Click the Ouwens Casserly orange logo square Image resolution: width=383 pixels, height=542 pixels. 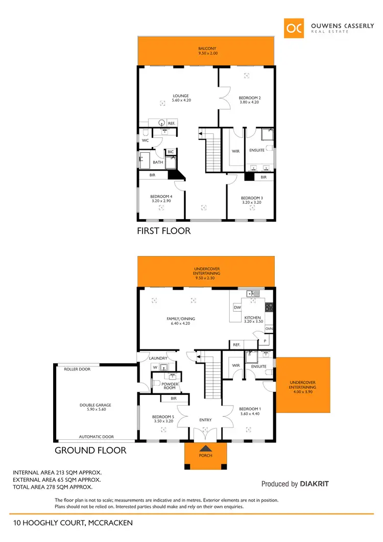pyautogui.click(x=295, y=29)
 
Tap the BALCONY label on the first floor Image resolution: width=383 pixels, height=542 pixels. pyautogui.click(x=207, y=49)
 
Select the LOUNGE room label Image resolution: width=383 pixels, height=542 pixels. pyautogui.click(x=181, y=96)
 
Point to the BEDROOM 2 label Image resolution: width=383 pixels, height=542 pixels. pyautogui.click(x=250, y=98)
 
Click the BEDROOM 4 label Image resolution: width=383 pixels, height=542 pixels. pyautogui.click(x=161, y=197)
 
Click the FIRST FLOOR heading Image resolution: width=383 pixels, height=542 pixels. pyautogui.click(x=163, y=231)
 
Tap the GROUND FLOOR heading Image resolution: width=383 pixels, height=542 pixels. pyautogui.click(x=90, y=451)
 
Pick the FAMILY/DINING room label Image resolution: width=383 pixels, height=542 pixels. pyautogui.click(x=181, y=319)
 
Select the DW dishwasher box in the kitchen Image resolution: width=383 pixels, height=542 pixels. pyautogui.click(x=237, y=308)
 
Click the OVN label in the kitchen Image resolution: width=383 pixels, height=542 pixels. pyautogui.click(x=269, y=329)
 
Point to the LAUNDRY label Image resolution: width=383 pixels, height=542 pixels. pyautogui.click(x=158, y=358)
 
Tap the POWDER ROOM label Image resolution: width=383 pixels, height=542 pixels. pyautogui.click(x=170, y=386)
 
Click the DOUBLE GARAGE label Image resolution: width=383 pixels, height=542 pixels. pyautogui.click(x=95, y=405)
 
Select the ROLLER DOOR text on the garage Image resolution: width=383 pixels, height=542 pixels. pyautogui.click(x=78, y=369)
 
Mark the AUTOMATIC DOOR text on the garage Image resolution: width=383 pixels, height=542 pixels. pyautogui.click(x=96, y=437)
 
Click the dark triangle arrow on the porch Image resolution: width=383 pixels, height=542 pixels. pyautogui.click(x=205, y=448)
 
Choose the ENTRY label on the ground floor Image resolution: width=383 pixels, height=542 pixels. pyautogui.click(x=205, y=420)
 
